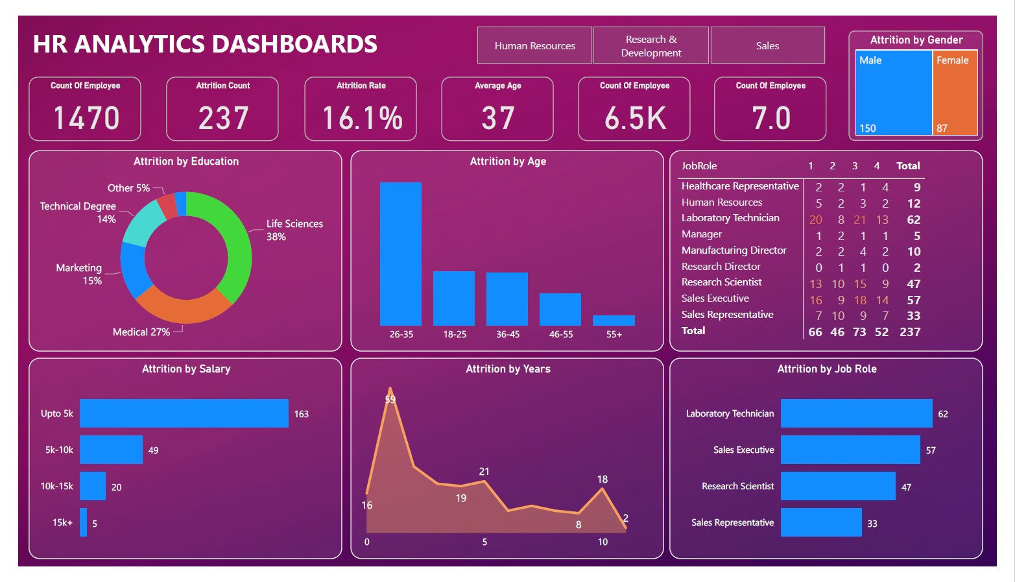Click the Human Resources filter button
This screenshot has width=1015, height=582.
point(534,45)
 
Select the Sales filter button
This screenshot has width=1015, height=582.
point(767,45)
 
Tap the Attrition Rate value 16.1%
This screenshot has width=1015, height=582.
point(362,118)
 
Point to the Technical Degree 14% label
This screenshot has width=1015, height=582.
point(78,212)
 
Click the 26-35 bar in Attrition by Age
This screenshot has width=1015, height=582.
point(400,254)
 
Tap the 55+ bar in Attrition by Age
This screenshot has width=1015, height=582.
point(614,321)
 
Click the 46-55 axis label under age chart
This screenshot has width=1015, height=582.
point(561,335)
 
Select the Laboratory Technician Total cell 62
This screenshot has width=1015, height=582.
point(913,219)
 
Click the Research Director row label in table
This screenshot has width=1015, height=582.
point(721,267)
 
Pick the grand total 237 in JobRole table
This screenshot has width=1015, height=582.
point(909,332)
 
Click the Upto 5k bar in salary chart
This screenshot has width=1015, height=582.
point(184,413)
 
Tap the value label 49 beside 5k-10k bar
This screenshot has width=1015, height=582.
point(153,450)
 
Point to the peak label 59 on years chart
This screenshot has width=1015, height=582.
point(390,400)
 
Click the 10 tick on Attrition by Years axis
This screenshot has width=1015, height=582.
point(603,542)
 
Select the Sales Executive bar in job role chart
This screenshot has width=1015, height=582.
point(850,450)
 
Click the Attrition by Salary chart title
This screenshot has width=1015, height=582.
point(186,369)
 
